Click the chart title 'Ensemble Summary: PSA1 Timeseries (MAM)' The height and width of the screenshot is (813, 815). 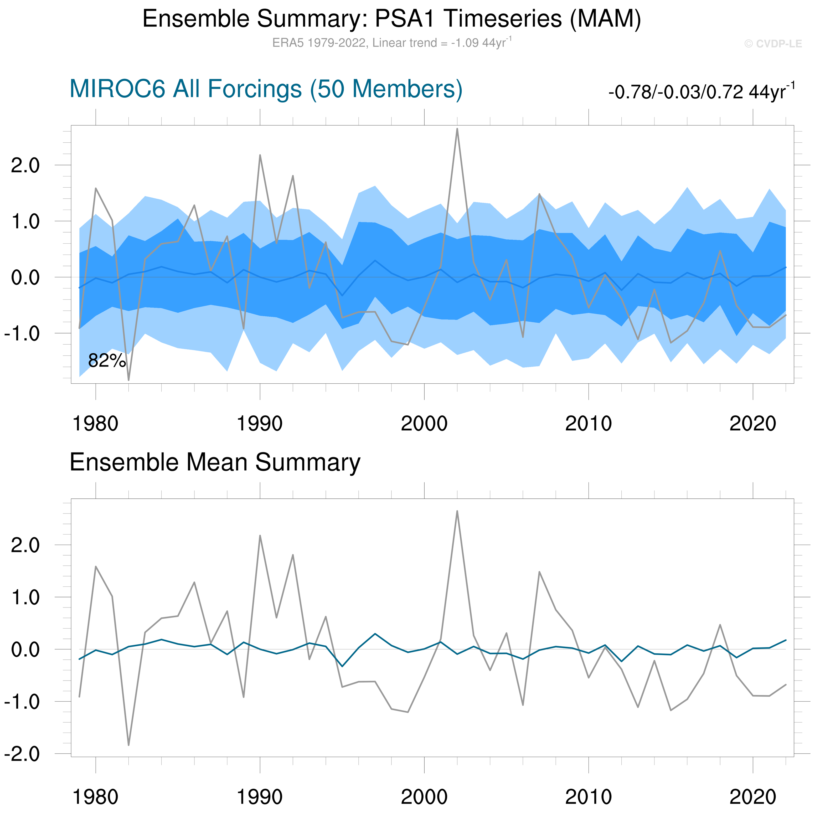[391, 19]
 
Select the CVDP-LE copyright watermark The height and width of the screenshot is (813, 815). [773, 44]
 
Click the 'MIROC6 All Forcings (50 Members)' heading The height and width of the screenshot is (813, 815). [266, 89]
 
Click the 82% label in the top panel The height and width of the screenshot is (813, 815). [107, 361]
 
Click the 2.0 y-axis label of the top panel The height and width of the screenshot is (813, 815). [25, 165]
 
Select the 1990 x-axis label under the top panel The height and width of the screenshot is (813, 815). [259, 424]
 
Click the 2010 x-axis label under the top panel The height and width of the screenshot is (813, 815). [588, 424]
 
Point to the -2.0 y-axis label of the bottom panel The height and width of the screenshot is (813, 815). [22, 754]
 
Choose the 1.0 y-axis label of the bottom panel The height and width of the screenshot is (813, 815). [25, 598]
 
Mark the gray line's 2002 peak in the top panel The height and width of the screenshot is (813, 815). [457, 129]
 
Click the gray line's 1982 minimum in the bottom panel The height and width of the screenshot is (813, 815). [129, 745]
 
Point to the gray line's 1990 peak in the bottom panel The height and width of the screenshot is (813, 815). [260, 536]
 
